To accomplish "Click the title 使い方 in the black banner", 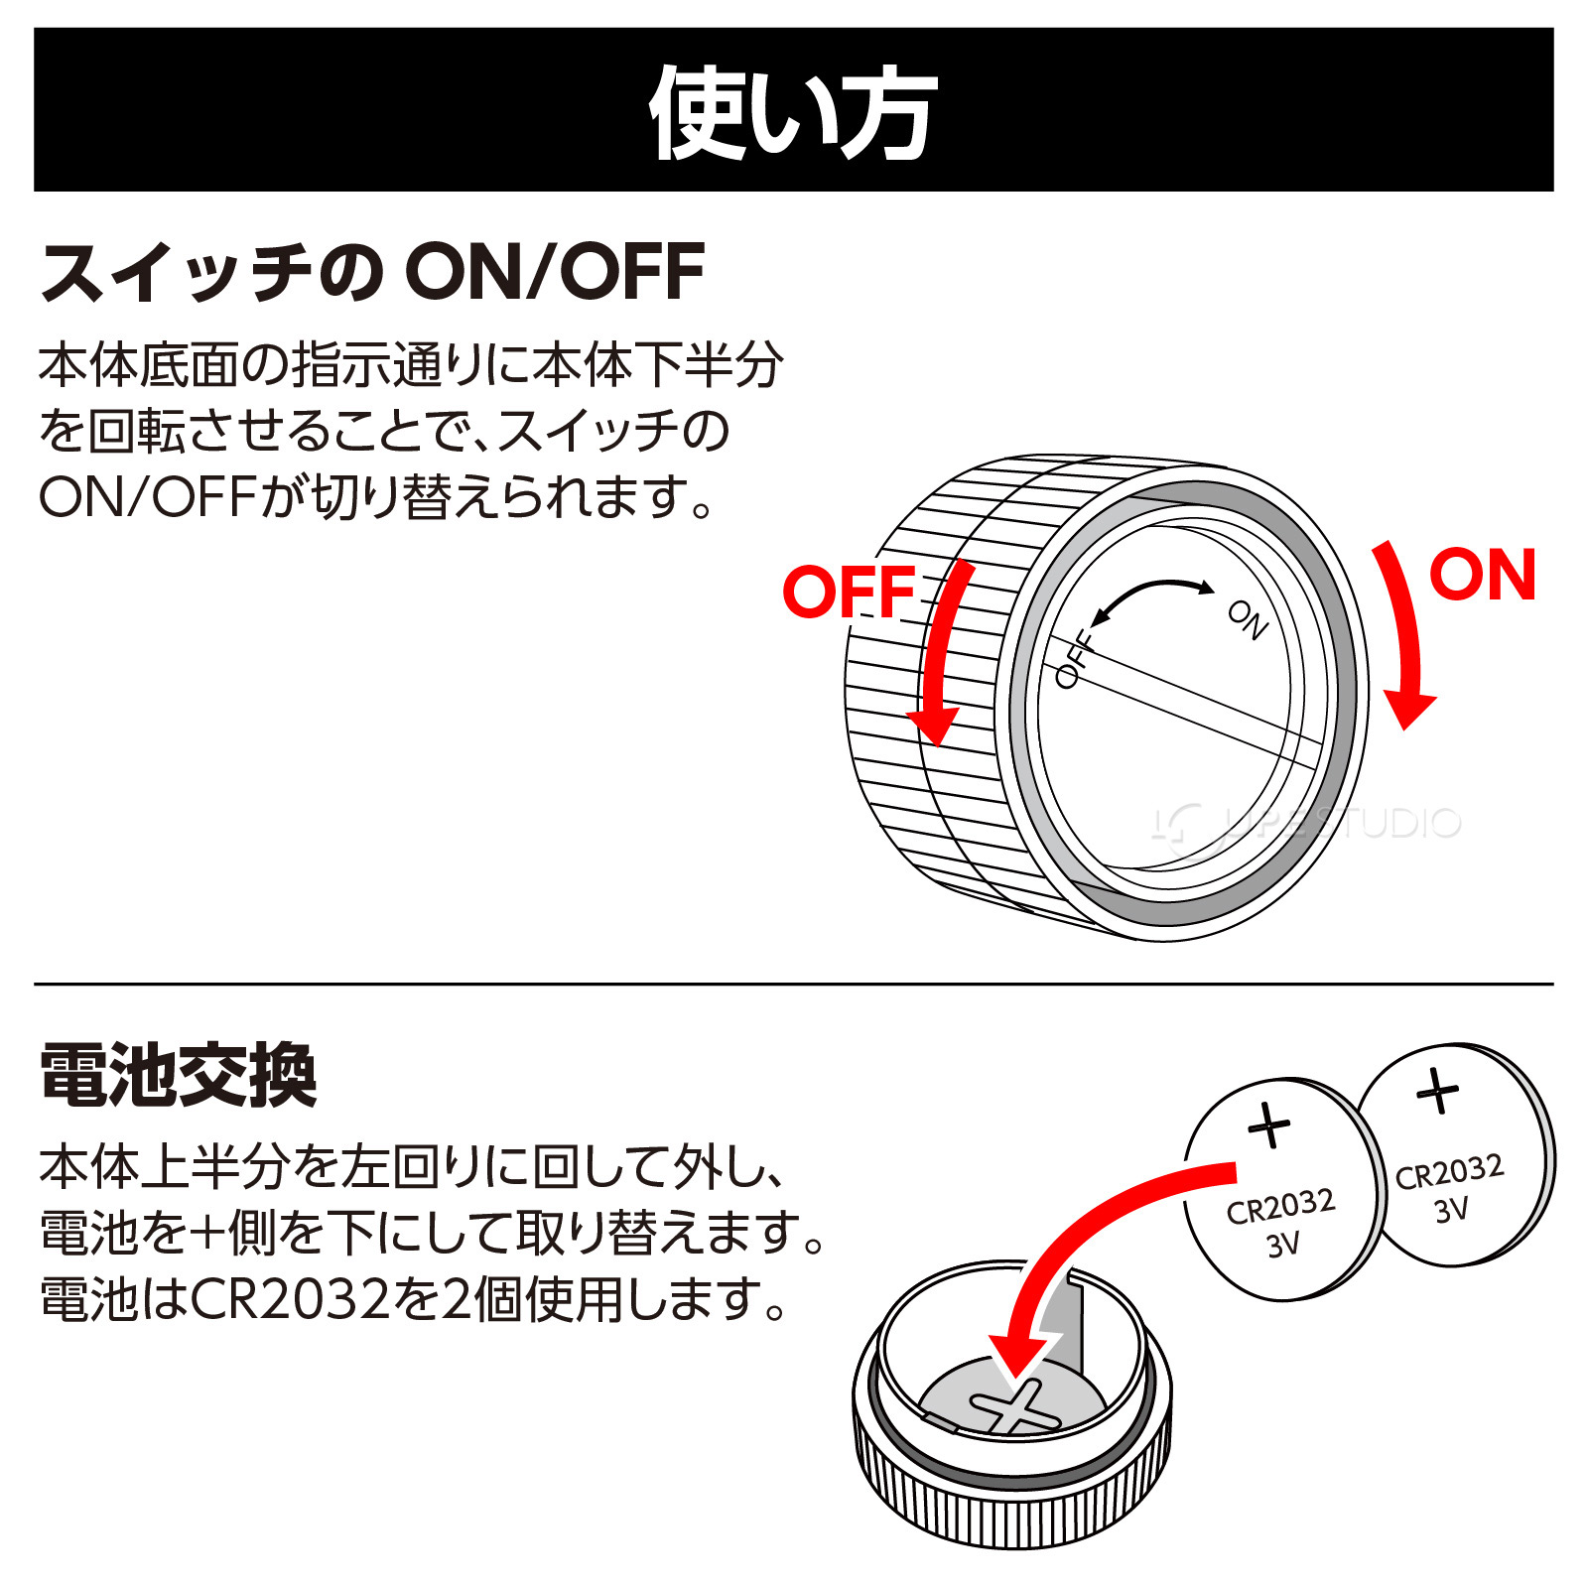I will [792, 112].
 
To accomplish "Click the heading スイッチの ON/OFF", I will [372, 272].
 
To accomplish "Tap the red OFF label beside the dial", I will [849, 593].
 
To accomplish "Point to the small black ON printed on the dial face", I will [1248, 619].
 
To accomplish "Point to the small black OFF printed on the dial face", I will [1074, 660].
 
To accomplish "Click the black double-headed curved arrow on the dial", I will [1151, 595].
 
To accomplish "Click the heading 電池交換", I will [179, 1075].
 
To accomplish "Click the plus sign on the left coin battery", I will [1268, 1125].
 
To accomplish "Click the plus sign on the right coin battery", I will [1437, 1092].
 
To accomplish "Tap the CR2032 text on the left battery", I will [1280, 1207].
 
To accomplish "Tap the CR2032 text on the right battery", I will [1449, 1172].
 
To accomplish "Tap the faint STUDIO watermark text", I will [1389, 823].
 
